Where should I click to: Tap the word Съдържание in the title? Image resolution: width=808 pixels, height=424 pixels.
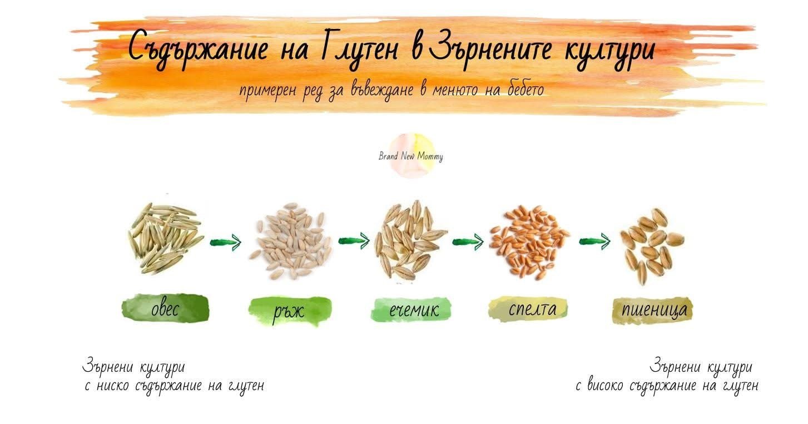tap(198, 49)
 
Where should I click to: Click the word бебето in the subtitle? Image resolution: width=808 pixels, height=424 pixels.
tap(525, 89)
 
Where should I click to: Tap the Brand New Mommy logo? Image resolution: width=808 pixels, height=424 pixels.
tap(411, 156)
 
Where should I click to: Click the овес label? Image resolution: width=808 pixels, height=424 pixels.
tap(165, 308)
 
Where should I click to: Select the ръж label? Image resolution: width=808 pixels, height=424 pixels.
tap(290, 311)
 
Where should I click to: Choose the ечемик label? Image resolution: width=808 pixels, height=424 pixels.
tap(411, 309)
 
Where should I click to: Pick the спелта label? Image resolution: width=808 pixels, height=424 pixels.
tap(528, 308)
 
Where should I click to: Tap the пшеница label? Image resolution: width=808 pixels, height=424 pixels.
tap(652, 310)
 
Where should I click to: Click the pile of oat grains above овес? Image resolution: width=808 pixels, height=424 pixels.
tap(165, 238)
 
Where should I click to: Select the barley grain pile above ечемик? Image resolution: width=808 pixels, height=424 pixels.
tap(410, 240)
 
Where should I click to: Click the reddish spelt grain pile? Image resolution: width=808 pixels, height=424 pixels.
tap(529, 242)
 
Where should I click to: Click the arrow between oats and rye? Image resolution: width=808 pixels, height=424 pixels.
tap(226, 242)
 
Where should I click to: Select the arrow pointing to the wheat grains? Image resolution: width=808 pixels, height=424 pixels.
tap(595, 241)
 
